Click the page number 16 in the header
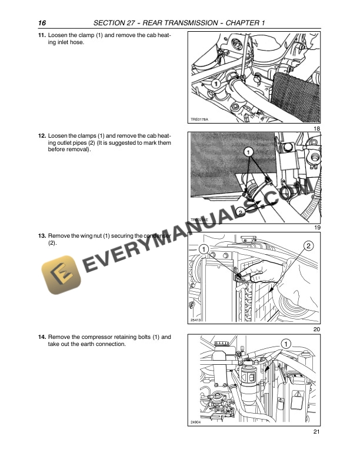coord(42,22)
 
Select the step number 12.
coord(42,135)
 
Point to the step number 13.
coord(42,235)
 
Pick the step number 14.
coord(42,337)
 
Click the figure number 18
coord(316,128)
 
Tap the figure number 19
coord(316,227)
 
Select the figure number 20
coord(316,329)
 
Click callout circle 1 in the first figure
coord(216,85)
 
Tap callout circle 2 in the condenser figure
coord(308,245)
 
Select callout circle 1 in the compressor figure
coord(285,343)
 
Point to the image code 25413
coord(196,320)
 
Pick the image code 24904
coord(196,422)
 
